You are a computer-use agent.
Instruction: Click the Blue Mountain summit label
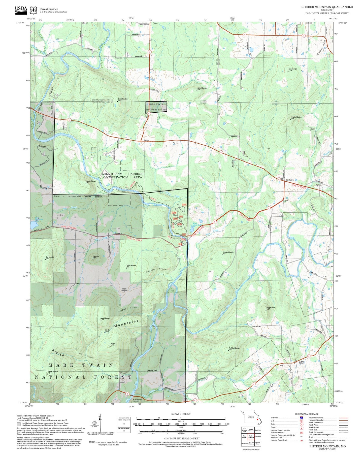50,257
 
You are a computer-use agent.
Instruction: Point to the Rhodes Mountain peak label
228,252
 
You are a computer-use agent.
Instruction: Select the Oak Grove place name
289,180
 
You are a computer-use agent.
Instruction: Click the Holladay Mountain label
296,117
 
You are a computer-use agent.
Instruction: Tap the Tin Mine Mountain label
234,348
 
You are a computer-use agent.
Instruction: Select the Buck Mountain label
292,69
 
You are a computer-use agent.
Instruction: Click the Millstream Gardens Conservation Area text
123,176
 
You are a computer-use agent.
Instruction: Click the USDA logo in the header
21,9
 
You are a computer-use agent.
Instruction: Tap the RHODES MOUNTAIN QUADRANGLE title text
327,7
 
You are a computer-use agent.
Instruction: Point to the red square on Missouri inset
257,420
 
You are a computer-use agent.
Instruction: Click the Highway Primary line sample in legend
343,418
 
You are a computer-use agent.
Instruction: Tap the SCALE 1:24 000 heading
181,414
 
